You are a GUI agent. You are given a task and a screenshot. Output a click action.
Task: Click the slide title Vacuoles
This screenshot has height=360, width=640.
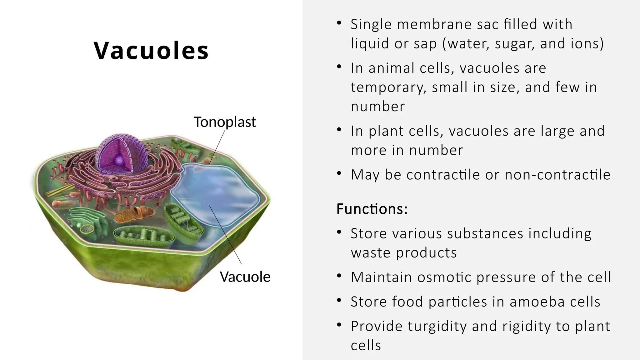click(151, 51)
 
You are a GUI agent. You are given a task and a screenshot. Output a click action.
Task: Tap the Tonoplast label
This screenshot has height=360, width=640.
click(225, 122)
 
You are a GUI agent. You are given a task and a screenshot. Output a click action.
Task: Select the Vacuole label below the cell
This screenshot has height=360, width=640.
click(245, 277)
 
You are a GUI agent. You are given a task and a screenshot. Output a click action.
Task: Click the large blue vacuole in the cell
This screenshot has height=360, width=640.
click(216, 194)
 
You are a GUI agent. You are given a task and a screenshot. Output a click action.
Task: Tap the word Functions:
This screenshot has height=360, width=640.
click(372, 209)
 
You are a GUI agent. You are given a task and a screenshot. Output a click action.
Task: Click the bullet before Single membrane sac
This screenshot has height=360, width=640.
click(339, 23)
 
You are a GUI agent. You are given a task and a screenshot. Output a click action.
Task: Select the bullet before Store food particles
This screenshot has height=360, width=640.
click(339, 301)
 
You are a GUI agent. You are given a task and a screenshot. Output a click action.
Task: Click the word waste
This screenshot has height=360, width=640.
click(370, 253)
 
